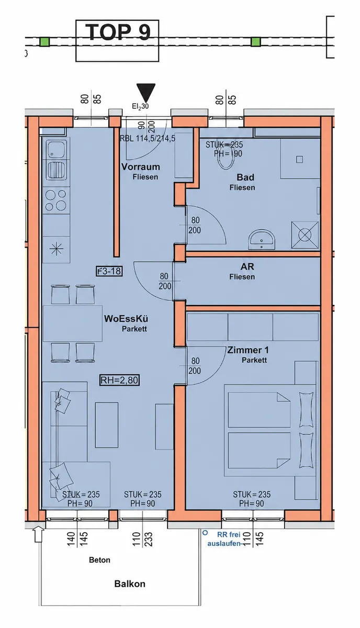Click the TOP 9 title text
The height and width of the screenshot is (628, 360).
[118, 32]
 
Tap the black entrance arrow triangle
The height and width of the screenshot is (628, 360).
[145, 93]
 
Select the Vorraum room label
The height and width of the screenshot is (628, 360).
[140, 167]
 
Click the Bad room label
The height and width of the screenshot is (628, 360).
[245, 177]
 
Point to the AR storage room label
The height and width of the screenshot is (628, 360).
[247, 266]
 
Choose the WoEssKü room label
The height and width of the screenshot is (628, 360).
[126, 319]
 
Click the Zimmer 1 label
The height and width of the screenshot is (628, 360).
[248, 350]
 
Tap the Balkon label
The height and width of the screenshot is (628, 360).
[130, 584]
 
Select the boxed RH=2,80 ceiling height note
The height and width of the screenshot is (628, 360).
[119, 380]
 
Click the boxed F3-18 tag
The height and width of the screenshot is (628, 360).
[109, 271]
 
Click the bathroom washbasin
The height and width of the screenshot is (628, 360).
[262, 239]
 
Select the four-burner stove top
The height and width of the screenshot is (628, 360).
[56, 200]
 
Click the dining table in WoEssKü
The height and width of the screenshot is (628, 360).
[72, 323]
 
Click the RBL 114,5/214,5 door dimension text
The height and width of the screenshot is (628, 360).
[148, 139]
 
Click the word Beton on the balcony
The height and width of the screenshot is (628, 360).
[99, 560]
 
